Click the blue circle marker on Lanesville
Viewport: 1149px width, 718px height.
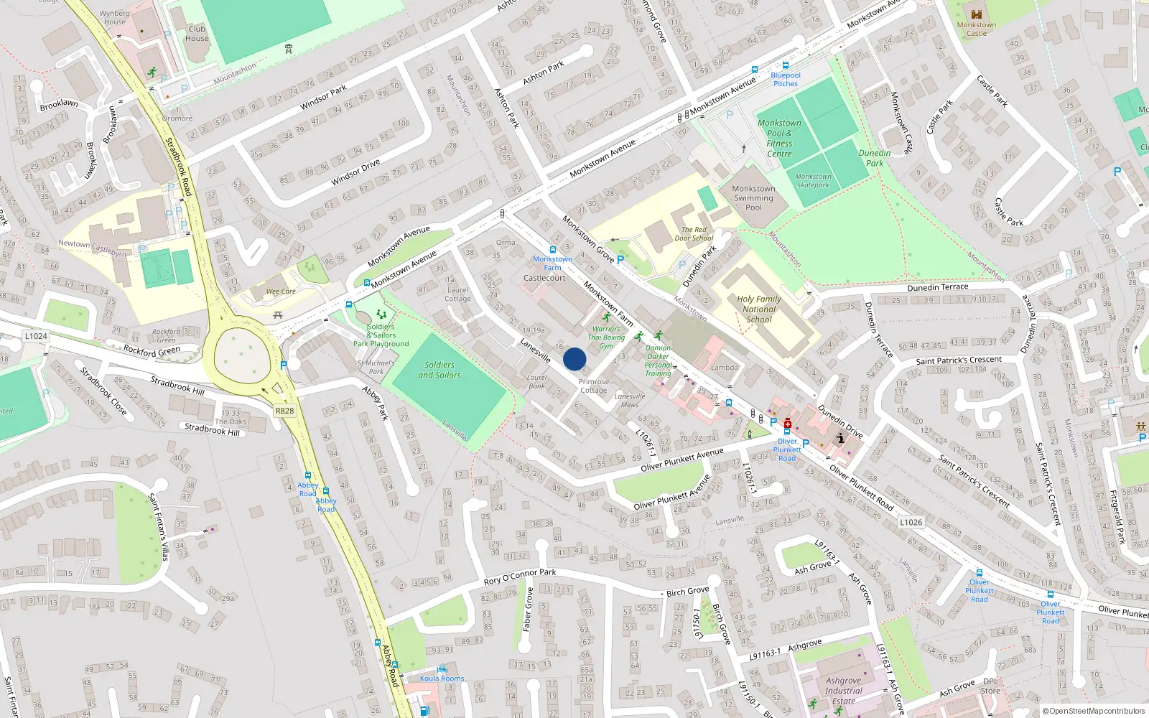coord(574,359)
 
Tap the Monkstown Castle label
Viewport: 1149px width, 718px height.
coord(976,29)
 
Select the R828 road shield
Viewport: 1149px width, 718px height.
coord(284,411)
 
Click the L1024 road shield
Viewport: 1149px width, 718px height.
coord(35,336)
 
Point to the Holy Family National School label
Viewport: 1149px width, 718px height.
coord(759,309)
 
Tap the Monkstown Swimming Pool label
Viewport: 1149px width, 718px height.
coord(753,198)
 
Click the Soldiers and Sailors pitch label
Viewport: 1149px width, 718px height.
coord(439,370)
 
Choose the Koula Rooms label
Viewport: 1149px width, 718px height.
coord(442,679)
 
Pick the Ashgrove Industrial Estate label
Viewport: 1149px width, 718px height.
coord(844,691)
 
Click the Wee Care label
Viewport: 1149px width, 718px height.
coord(281,292)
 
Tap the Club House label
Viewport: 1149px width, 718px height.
coord(197,34)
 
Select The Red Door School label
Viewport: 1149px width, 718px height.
coord(694,234)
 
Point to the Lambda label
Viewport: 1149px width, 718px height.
coord(724,368)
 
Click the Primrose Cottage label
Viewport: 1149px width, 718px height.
coord(594,386)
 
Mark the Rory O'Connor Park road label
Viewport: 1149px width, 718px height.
coord(520,577)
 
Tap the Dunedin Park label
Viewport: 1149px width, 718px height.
coord(875,158)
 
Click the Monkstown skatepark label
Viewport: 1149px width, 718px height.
coord(813,180)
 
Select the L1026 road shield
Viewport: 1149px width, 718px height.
coord(911,522)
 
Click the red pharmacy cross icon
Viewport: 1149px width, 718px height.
coord(788,423)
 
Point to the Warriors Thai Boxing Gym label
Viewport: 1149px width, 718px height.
coord(606,337)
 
